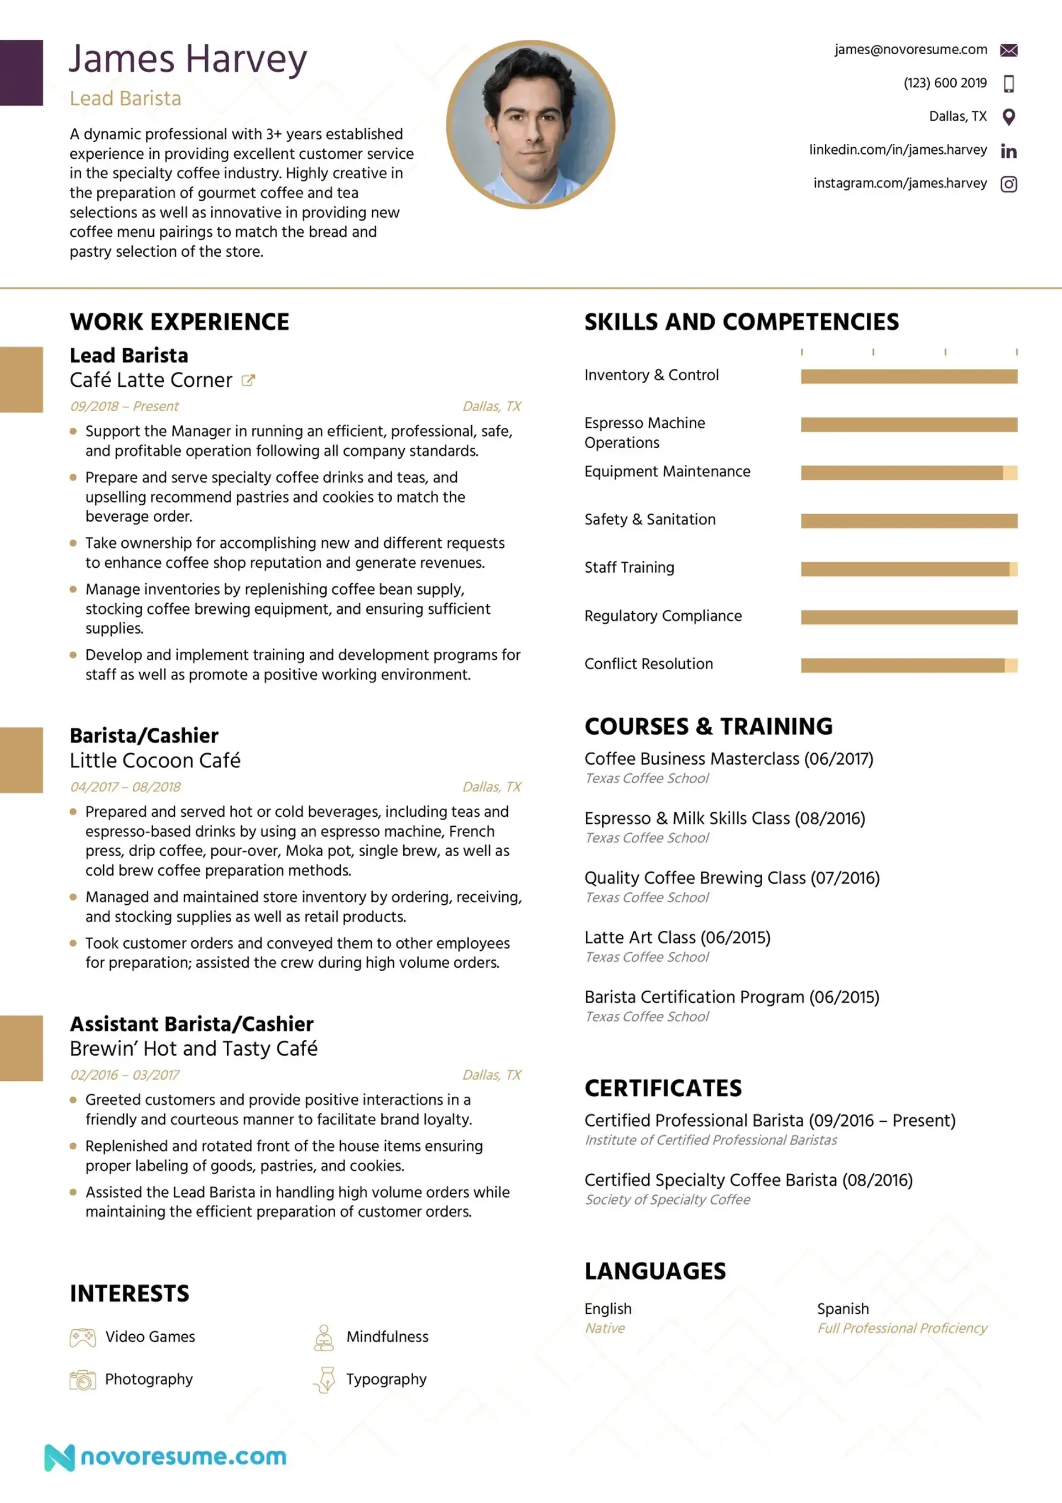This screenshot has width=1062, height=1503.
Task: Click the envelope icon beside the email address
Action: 1008,50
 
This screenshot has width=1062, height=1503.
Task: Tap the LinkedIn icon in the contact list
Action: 1008,151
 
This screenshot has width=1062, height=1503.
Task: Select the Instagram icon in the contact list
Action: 1008,185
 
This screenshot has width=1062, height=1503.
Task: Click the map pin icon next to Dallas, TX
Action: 1008,117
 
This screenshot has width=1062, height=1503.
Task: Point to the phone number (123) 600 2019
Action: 944,83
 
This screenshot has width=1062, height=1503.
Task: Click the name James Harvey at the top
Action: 188,59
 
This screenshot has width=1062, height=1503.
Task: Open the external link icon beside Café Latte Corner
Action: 248,380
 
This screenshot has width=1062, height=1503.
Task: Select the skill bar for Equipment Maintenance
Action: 908,473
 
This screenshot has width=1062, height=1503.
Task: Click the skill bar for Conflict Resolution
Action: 908,666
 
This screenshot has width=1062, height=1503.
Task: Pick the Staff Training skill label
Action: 629,568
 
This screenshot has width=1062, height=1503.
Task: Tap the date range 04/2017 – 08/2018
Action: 126,787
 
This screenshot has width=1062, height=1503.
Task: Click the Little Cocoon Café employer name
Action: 155,761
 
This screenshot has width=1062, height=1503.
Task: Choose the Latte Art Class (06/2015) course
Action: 677,937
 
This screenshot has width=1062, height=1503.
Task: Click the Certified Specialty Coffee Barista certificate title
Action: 748,1180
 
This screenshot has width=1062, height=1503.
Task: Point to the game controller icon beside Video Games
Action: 82,1338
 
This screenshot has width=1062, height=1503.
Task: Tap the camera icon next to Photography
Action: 82,1380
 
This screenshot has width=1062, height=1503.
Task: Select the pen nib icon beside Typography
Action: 325,1380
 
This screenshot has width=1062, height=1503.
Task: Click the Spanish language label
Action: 843,1309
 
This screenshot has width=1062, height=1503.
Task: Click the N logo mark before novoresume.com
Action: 59,1457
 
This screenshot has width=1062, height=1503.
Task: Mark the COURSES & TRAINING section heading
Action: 708,727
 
